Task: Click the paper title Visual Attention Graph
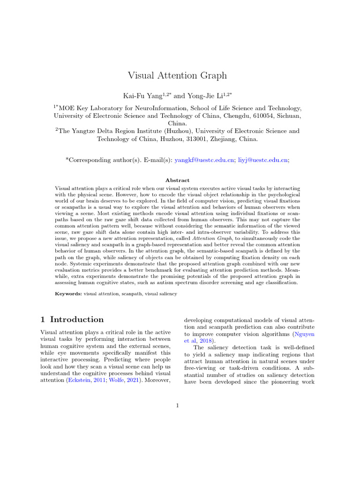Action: click(177, 75)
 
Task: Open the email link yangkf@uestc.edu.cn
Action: click(204, 160)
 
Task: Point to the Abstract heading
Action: click(177, 180)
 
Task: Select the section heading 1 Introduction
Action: click(72, 320)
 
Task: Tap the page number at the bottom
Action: click(178, 405)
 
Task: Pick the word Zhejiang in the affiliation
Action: click(221, 139)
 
